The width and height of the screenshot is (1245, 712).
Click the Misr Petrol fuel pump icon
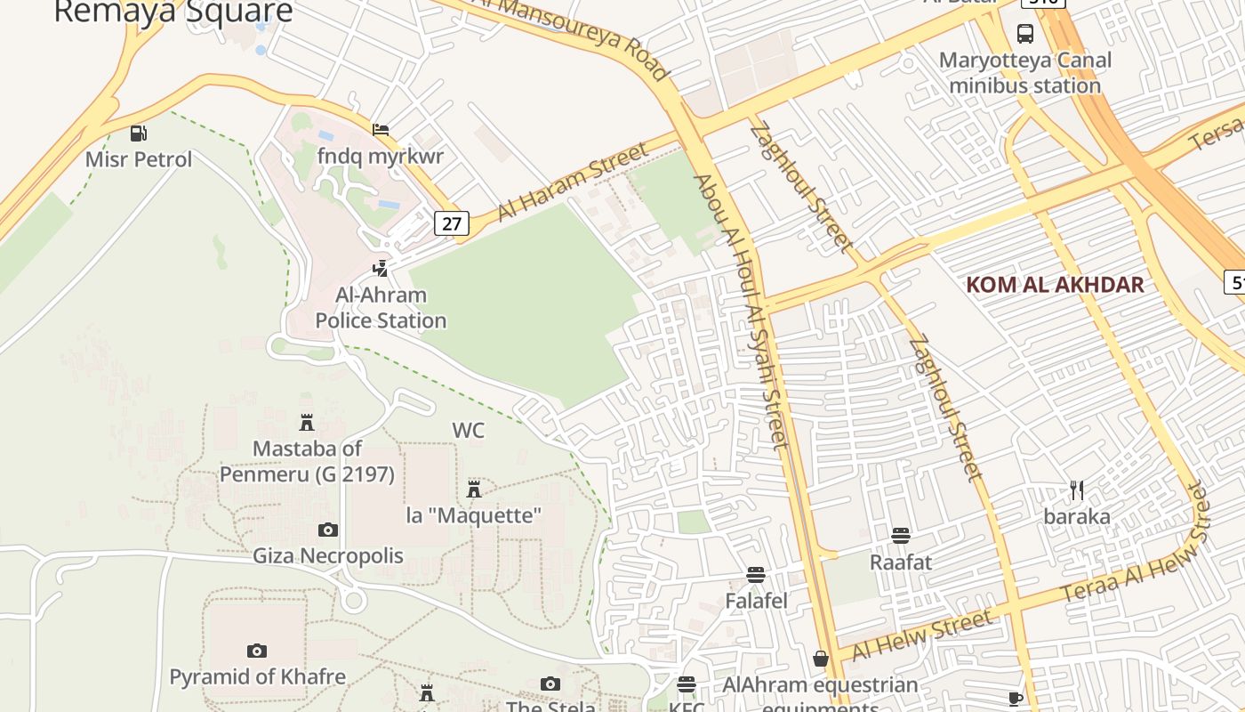[138, 133]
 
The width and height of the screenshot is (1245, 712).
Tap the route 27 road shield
[452, 222]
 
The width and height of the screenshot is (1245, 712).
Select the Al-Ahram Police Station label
[381, 308]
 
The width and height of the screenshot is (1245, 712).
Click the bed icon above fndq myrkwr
[381, 130]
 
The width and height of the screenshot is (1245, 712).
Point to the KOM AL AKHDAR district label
[1055, 285]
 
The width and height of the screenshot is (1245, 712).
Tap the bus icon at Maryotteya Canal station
[1025, 34]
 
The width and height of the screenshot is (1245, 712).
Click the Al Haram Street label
[574, 182]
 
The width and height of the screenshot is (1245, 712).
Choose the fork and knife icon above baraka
[1077, 490]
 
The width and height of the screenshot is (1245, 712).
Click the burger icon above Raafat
[901, 536]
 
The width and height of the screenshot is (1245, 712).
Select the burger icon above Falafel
[756, 575]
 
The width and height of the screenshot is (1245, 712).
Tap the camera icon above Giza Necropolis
[328, 530]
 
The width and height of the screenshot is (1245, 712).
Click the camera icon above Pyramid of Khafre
[257, 651]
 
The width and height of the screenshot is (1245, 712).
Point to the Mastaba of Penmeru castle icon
[307, 422]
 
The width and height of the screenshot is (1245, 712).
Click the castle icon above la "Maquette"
[474, 489]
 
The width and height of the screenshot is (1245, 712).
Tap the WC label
[469, 431]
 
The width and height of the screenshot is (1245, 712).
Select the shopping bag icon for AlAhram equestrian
[821, 659]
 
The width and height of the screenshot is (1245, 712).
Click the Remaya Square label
[173, 12]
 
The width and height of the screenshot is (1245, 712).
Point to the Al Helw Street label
[921, 635]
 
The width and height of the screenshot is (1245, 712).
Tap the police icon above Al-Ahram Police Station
[381, 268]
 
